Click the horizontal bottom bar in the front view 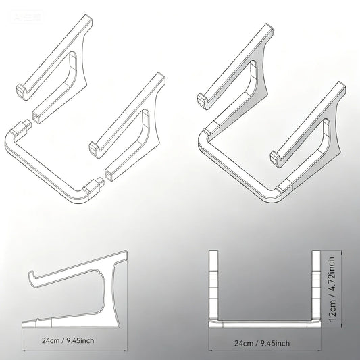coord(263,324)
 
